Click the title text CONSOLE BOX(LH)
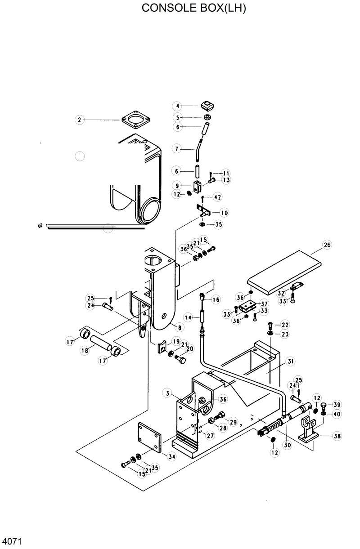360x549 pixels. tap(194, 9)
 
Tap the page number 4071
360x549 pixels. tap(12, 540)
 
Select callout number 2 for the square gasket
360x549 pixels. tap(79, 120)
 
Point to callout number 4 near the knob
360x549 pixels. tap(177, 106)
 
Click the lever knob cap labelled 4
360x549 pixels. tap(207, 106)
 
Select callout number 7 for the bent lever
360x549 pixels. tap(177, 148)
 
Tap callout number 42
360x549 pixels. tap(217, 197)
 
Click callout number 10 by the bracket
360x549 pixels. tap(224, 212)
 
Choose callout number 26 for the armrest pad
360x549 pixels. tap(327, 245)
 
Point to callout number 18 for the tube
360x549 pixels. tap(84, 351)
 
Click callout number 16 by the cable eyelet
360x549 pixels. tap(216, 299)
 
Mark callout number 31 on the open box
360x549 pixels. tap(291, 361)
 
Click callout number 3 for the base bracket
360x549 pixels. tap(167, 394)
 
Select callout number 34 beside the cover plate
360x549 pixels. tap(171, 456)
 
